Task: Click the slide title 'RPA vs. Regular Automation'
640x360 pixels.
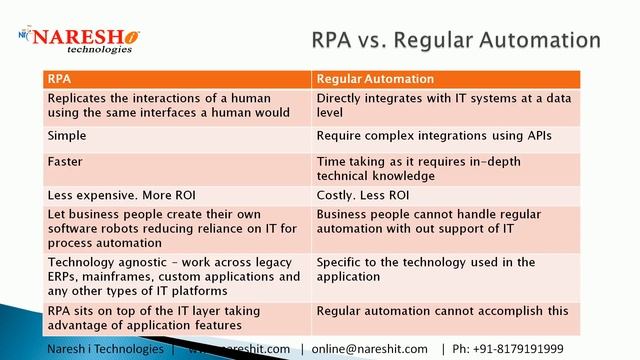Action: click(456, 40)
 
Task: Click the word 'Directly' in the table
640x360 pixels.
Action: click(340, 98)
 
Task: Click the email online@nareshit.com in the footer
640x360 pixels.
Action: click(370, 349)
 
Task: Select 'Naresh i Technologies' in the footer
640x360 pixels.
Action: click(105, 349)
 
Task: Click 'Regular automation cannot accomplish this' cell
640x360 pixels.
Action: click(442, 311)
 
